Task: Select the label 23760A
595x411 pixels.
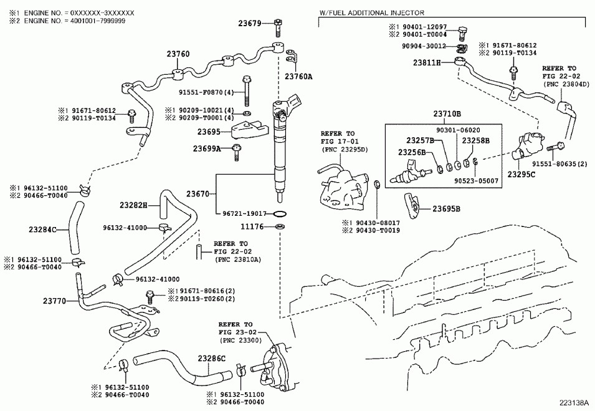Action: [298, 76]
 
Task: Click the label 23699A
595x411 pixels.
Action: [207, 149]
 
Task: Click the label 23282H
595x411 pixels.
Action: [133, 205]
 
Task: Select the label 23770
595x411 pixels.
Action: [54, 301]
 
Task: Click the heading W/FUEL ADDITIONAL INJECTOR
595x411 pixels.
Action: [371, 12]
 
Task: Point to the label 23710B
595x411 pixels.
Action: [447, 114]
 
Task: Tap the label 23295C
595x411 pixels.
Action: [521, 175]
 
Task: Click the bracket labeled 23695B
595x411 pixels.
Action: [411, 203]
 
